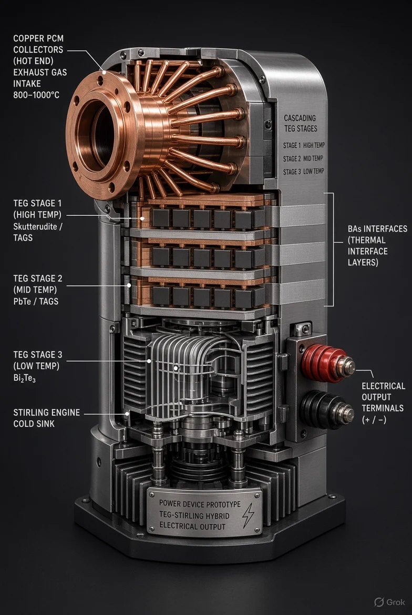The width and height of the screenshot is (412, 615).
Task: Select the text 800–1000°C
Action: point(36,95)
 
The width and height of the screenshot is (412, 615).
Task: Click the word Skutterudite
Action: point(35,226)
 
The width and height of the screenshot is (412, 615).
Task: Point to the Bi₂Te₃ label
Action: point(24,378)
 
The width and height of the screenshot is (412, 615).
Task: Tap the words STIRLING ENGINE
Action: point(47,413)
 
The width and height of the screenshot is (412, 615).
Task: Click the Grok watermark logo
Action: point(390,602)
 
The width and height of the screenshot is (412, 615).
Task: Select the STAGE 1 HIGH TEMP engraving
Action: point(304,145)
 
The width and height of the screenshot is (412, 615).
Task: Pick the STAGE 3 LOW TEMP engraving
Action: point(304,172)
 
